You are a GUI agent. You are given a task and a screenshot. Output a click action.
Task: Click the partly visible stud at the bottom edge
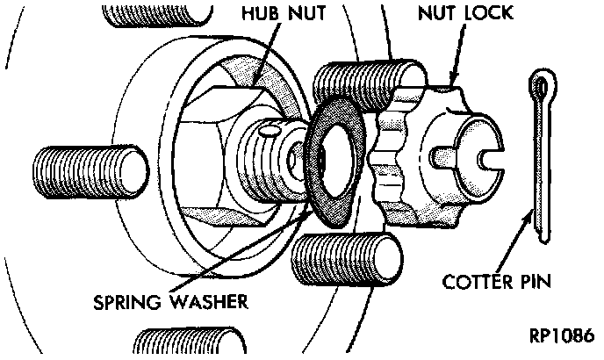click(x=189, y=344)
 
